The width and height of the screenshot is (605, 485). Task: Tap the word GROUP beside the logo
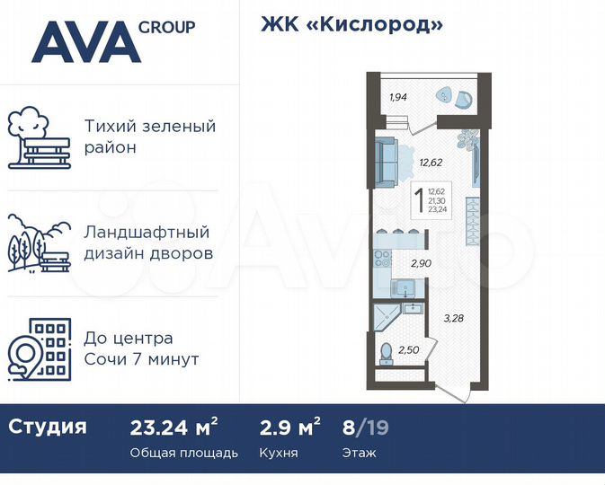tap(167, 27)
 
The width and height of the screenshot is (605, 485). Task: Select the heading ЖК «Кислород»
tap(352, 24)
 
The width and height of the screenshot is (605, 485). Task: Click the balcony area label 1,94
tap(398, 97)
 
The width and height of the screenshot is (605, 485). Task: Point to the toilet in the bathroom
tap(387, 354)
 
